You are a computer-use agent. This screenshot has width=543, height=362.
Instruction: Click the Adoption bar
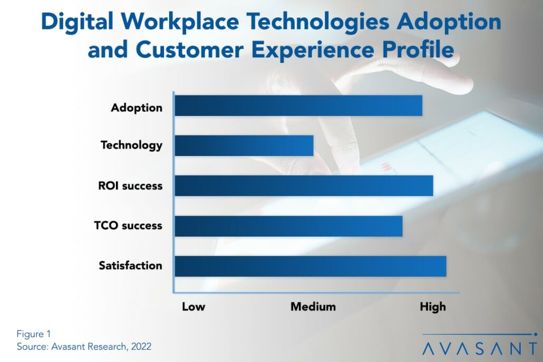coord(298,105)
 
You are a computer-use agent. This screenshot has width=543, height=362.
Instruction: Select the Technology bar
coord(244,145)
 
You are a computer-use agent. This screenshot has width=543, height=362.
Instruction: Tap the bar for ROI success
coord(304,186)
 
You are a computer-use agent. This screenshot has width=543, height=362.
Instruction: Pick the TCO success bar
coord(288,226)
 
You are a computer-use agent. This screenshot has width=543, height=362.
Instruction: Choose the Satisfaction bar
coord(311,266)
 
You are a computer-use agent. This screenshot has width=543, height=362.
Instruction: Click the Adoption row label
coord(137,108)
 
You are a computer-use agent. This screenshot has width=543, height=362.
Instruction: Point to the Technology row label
coord(131,145)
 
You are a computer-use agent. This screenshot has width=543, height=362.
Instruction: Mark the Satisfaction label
coord(130,266)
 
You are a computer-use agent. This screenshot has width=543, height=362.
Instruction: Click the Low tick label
coord(193,307)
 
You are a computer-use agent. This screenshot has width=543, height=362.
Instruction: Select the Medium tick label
coord(313,307)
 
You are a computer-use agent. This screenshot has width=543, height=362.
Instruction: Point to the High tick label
coord(432,307)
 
